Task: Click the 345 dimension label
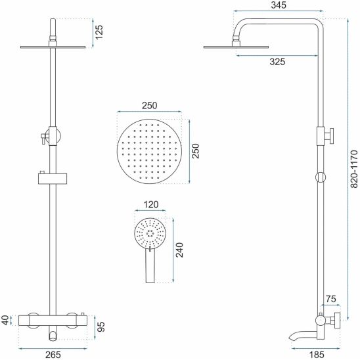[279, 5]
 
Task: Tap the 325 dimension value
[277, 62]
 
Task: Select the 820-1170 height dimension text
[354, 169]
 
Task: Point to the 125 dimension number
[99, 32]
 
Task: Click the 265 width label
[53, 355]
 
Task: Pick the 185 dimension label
[317, 355]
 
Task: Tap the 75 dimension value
[331, 299]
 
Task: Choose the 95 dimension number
[101, 326]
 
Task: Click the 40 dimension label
[5, 321]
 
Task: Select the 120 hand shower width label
[150, 204]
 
